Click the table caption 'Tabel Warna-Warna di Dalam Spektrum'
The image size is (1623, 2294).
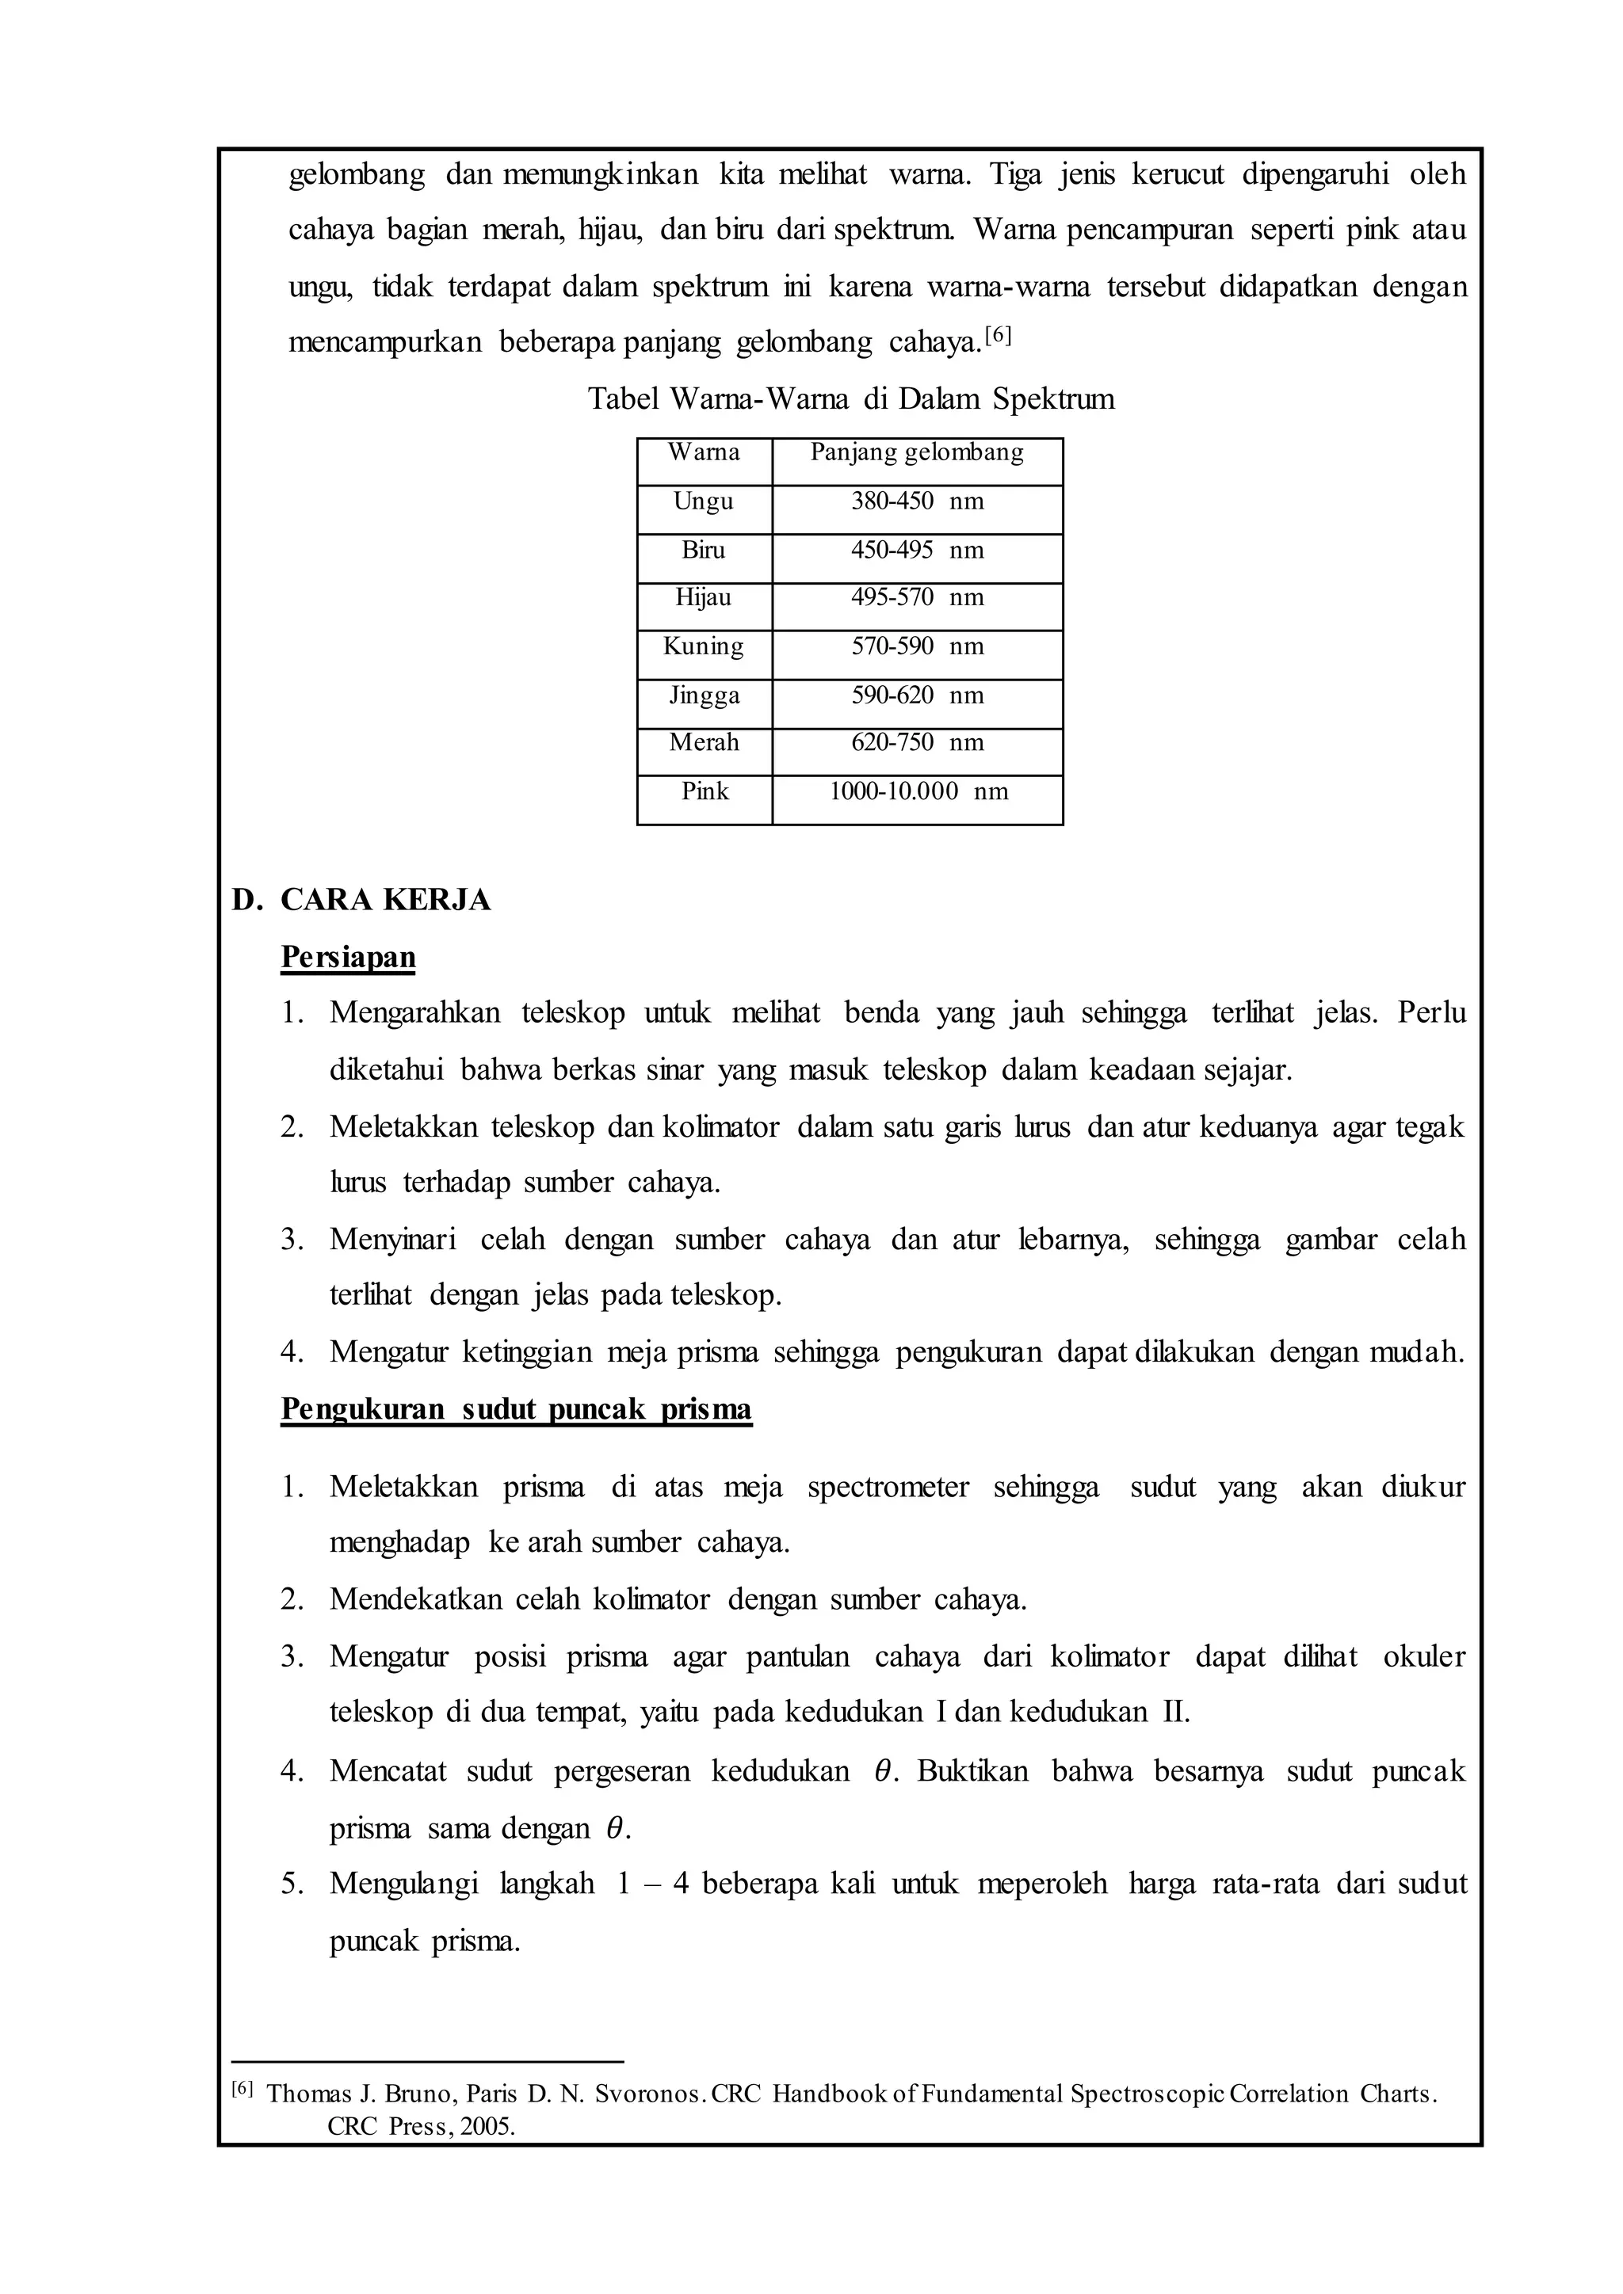850,400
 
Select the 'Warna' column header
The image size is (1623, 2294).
704,452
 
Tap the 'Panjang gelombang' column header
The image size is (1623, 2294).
916,452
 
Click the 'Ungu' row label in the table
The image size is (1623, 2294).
704,501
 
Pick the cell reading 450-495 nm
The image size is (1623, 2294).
916,551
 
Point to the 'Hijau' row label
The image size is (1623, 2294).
704,597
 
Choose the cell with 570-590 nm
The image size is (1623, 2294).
916,646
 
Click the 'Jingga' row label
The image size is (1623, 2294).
705,695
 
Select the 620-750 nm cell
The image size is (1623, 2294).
916,742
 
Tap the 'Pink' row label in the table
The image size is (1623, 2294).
705,791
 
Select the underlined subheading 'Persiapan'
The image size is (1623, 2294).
348,957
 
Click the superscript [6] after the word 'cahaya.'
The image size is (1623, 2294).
999,337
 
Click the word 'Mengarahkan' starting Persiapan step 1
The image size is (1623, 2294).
414,1013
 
